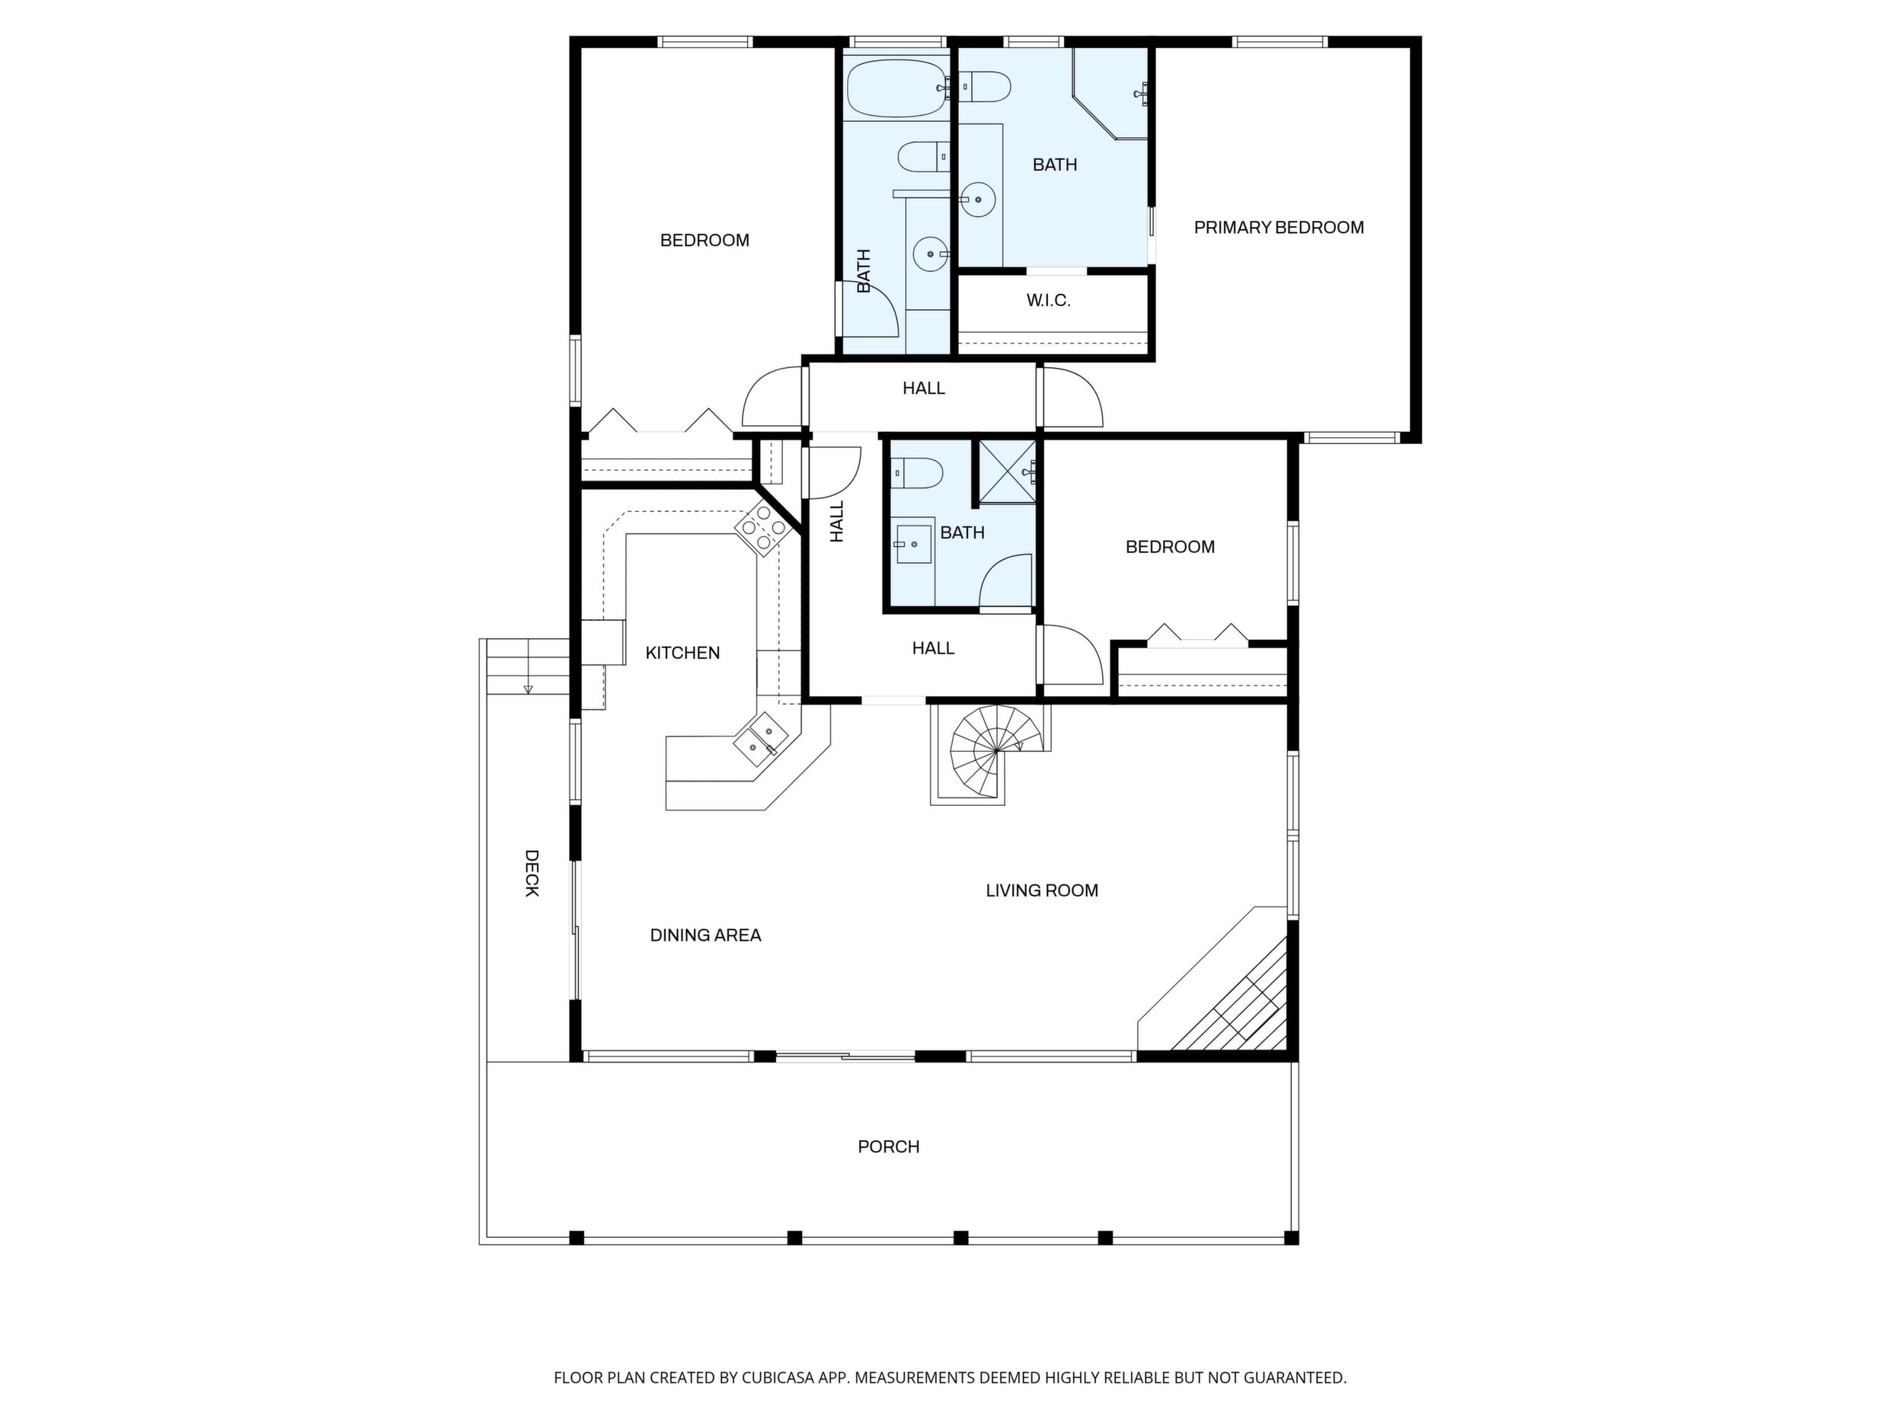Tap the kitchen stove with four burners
[x=762, y=527]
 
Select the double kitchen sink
[x=762, y=739]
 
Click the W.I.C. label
[x=1049, y=301]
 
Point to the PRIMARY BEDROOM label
[x=1279, y=228]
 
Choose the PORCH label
[x=889, y=1146]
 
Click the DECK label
[x=532, y=873]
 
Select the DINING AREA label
[x=705, y=935]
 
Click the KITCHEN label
[x=682, y=654]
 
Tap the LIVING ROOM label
[x=1042, y=890]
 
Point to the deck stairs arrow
[x=528, y=686]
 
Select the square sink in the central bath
[x=913, y=543]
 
